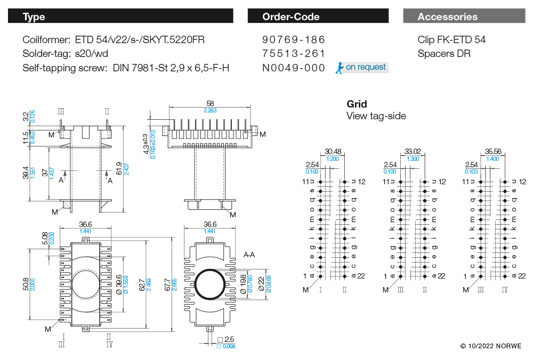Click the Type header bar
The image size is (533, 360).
point(120,17)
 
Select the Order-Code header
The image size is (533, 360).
point(318,17)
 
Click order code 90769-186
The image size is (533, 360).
point(294,40)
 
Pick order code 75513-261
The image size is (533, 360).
point(294,54)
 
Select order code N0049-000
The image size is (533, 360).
point(294,68)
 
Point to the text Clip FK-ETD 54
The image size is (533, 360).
point(451,40)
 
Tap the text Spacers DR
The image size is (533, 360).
point(443,54)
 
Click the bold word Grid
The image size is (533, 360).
point(357,104)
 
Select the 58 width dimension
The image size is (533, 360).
point(210,103)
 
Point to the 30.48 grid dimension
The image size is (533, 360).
point(332,151)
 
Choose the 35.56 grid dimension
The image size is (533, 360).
point(492,151)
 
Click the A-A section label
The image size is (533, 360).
point(249,255)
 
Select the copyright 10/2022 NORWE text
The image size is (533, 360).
point(491,347)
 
